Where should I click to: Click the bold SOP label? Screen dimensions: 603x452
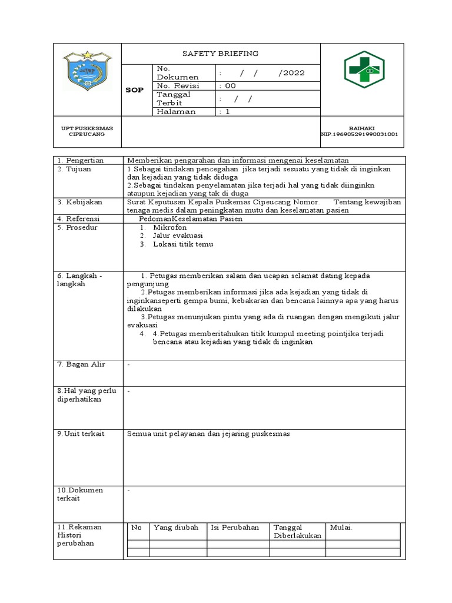(135, 90)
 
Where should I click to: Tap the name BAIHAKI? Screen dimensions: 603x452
(362, 128)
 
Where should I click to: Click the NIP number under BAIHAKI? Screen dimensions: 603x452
(360, 134)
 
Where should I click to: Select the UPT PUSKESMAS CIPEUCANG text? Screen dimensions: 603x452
(87, 131)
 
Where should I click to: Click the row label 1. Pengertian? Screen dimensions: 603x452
(80, 160)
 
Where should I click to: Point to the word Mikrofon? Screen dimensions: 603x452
(169, 227)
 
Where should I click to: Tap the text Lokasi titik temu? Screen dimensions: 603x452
(182, 244)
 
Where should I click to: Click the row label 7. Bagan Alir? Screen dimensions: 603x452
(81, 365)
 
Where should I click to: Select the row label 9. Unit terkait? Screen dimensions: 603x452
(81, 433)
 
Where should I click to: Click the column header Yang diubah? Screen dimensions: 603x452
(175, 528)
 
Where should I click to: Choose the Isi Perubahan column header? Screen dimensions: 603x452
(234, 528)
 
